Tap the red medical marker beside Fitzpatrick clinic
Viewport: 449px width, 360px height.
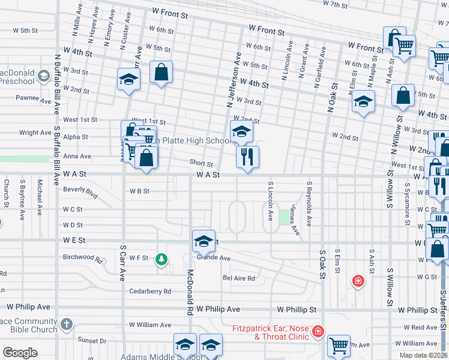click(x=317, y=331)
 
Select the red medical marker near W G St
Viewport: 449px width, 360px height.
click(x=358, y=280)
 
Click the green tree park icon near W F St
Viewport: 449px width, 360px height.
click(x=161, y=259)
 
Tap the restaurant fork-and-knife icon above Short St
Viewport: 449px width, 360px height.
click(x=247, y=157)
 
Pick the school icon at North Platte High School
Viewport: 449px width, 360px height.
click(x=241, y=131)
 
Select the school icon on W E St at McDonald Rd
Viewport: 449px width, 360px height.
click(x=203, y=241)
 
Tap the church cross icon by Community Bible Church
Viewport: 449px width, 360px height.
click(x=66, y=324)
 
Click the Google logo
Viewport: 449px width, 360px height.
click(x=20, y=352)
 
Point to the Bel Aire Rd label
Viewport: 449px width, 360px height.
click(x=239, y=278)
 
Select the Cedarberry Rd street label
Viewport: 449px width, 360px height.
click(x=150, y=291)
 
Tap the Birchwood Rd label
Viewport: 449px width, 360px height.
click(x=83, y=258)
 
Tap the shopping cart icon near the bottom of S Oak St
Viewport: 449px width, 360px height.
click(x=339, y=346)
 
